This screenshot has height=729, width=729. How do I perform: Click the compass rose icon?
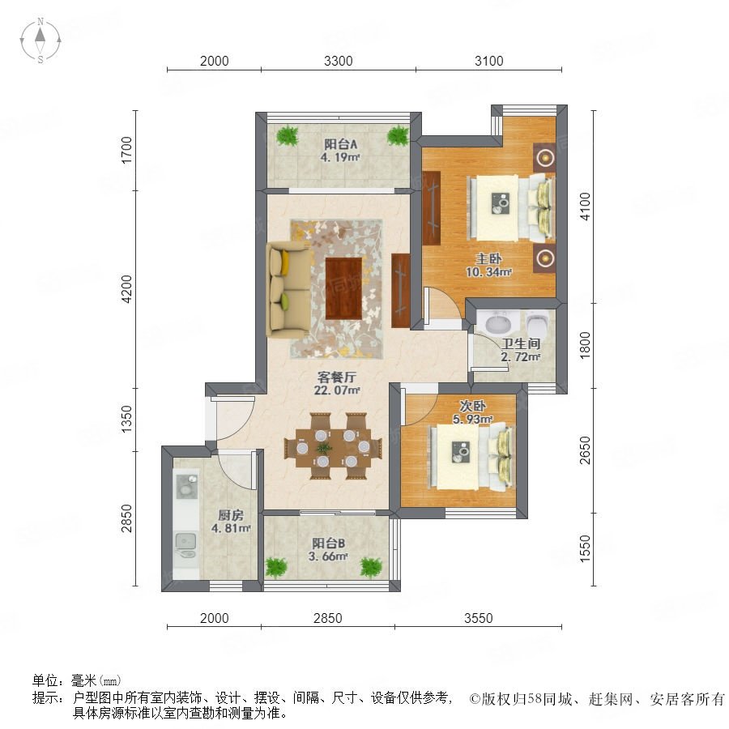tap(40, 40)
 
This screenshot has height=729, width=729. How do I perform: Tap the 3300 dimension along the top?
tap(338, 61)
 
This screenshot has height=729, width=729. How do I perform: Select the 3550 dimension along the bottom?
tap(478, 618)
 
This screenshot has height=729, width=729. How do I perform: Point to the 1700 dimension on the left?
tap(126, 150)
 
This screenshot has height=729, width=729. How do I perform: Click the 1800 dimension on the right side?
tap(585, 344)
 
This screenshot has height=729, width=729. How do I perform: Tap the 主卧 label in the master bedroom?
tap(488, 258)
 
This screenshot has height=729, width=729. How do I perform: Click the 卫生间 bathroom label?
tap(521, 343)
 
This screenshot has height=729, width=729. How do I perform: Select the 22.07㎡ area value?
tap(337, 390)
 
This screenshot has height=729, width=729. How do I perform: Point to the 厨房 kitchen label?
tap(231, 515)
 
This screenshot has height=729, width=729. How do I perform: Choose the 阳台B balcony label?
tap(328, 543)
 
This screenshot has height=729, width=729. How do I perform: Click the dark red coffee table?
tap(343, 288)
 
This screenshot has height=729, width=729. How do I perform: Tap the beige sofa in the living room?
tap(288, 289)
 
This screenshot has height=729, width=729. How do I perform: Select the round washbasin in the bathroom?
tap(498, 322)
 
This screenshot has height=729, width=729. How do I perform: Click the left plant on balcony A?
tap(288, 135)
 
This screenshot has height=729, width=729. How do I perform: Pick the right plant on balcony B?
tap(371, 567)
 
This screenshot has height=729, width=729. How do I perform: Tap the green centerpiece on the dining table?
tap(324, 448)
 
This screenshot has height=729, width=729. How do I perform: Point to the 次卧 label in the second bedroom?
tap(472, 406)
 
